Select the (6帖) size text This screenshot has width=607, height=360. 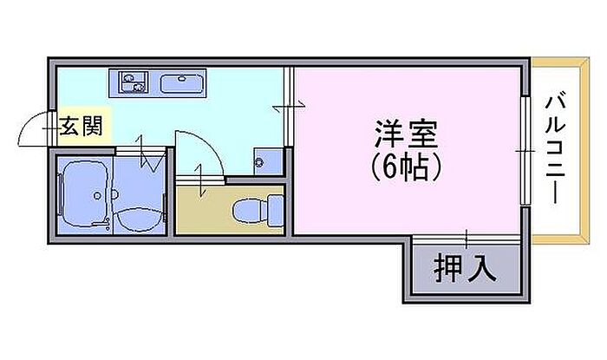(406, 166)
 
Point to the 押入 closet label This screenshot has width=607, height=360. (465, 269)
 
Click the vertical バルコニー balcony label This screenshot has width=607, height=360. (555, 149)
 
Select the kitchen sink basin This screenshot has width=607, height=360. (181, 84)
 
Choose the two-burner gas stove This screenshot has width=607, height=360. (133, 83)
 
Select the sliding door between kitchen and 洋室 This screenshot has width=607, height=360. (288, 106)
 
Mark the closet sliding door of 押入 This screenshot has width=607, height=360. (467, 239)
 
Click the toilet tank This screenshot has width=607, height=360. (276, 207)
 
